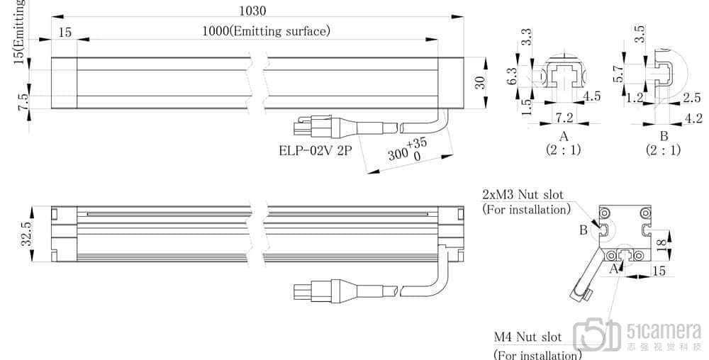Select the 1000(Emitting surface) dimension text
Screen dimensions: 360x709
point(266,30)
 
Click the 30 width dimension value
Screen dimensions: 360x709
point(481,83)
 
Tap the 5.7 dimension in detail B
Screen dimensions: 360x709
point(618,73)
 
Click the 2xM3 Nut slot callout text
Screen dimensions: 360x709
point(525,194)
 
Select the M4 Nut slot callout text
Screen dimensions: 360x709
point(527,337)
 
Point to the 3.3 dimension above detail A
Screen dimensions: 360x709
point(526,38)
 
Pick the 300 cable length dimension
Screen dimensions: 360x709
point(401,152)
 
